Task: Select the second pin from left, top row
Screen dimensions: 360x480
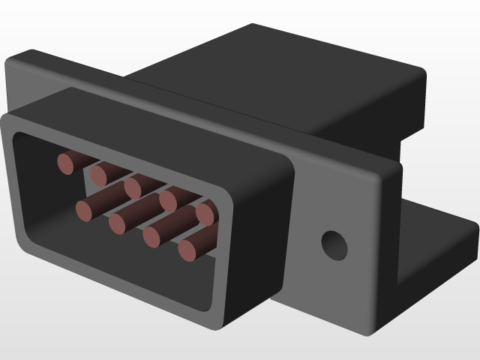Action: (100, 175)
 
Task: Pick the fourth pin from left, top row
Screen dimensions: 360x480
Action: (169, 200)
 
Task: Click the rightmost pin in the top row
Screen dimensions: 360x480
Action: (206, 214)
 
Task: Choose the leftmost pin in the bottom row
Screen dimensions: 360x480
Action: (86, 209)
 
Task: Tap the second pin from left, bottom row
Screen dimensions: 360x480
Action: (119, 223)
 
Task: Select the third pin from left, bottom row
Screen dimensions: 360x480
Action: (153, 236)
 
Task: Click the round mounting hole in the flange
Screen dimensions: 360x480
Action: (334, 244)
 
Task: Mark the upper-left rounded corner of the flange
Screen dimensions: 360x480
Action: (22, 60)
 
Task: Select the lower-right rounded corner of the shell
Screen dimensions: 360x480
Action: (225, 319)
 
